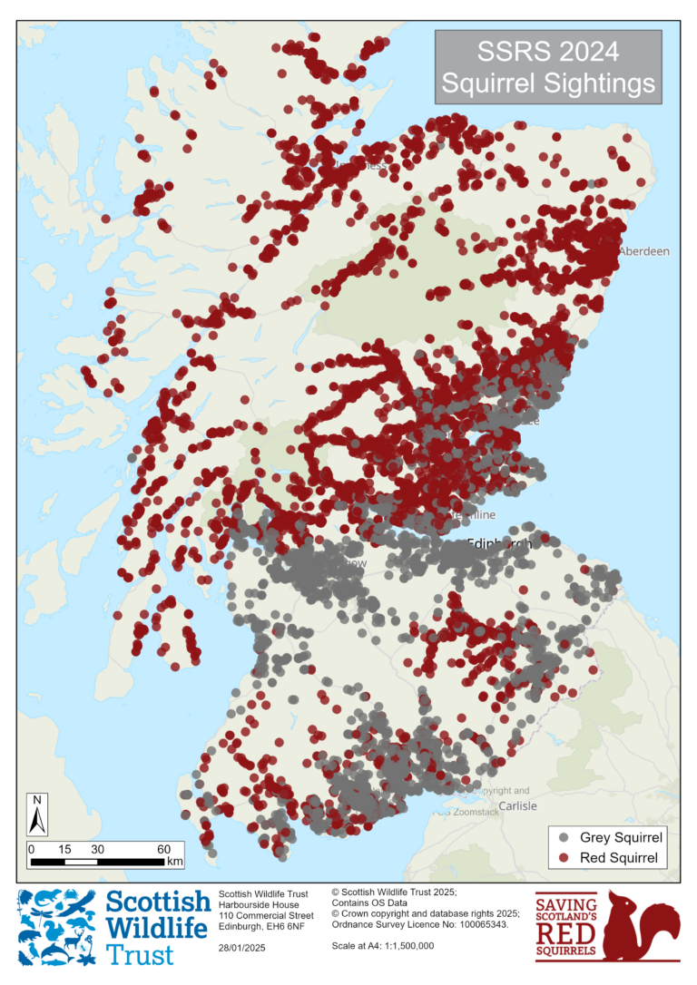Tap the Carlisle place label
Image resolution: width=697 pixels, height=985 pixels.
tap(517, 805)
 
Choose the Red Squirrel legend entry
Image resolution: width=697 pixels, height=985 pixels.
tap(620, 857)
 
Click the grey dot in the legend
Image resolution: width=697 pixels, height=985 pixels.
tap(564, 836)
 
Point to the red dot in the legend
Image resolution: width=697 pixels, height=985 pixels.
tap(564, 857)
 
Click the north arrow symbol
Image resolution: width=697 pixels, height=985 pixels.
tap(37, 814)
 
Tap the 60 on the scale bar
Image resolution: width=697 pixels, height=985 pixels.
tap(163, 848)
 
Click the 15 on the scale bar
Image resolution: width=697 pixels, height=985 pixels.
tap(64, 848)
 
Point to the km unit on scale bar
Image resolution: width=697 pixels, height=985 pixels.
tap(174, 860)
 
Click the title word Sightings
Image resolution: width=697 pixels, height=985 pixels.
tap(600, 83)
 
